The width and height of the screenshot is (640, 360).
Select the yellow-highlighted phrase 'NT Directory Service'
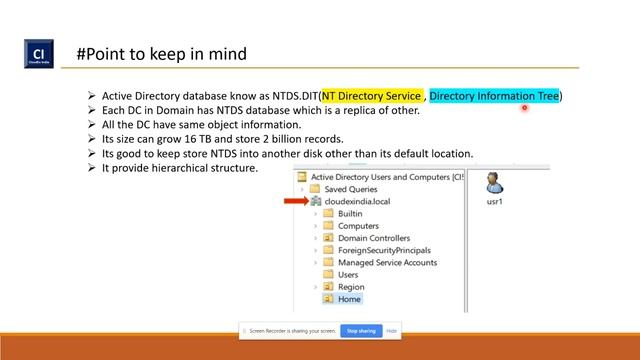point(373,96)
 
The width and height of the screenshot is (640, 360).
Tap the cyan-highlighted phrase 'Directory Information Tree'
point(494,96)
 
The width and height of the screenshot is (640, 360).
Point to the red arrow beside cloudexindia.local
point(296,201)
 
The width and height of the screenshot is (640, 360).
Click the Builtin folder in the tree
point(350,214)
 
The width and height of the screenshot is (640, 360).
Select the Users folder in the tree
point(348,275)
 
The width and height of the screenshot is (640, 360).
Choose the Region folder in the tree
point(351,287)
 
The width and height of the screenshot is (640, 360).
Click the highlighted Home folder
point(349,299)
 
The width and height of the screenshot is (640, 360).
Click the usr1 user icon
point(493,185)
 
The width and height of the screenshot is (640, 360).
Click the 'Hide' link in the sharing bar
point(392,330)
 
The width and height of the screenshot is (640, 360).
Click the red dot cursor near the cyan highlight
point(524,108)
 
